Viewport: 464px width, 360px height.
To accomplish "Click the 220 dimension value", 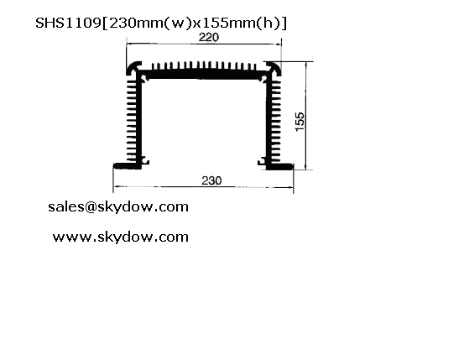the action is [209, 37].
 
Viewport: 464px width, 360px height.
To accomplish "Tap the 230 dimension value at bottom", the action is [211, 180].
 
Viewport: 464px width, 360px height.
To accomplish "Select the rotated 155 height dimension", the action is [300, 121].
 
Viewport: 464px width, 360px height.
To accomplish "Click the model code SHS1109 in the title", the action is [68, 23].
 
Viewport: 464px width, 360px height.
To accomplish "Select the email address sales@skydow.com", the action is [118, 206].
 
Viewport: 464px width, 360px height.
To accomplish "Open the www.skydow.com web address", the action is [121, 237].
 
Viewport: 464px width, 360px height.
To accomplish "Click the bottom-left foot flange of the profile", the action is [127, 166].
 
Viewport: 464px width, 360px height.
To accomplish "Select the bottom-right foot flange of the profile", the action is [280, 167].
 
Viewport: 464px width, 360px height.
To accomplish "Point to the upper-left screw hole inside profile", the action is [144, 78].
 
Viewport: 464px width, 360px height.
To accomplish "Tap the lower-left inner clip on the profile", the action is [145, 161].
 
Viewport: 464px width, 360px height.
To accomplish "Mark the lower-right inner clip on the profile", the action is [262, 161].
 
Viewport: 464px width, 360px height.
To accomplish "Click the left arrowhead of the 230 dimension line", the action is [116, 187].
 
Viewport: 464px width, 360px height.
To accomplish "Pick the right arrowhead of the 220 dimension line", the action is [279, 44].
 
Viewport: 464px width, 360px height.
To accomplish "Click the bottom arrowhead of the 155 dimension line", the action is [305, 167].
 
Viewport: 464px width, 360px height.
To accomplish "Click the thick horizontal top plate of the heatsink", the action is [204, 75].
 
